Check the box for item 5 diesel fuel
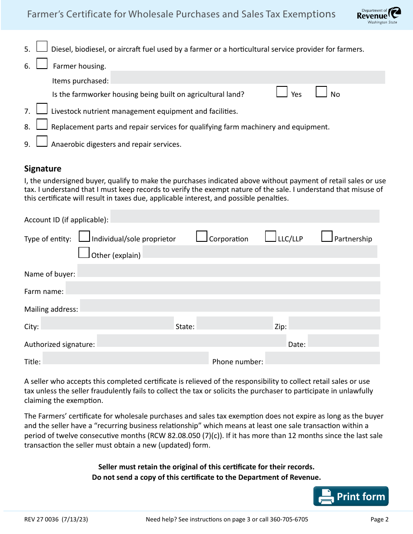42,46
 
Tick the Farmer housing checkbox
42,64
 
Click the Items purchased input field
248,77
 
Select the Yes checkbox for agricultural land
282,92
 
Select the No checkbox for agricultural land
321,92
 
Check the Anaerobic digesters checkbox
42,142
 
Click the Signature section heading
43,168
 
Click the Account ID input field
245,216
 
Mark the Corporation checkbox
202,236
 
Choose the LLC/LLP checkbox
271,236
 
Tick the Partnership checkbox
327,236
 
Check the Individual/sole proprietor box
84,236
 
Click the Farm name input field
223,288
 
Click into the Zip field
334,323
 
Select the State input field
234,323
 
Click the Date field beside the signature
343,340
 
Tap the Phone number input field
322,358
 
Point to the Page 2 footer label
379,519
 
